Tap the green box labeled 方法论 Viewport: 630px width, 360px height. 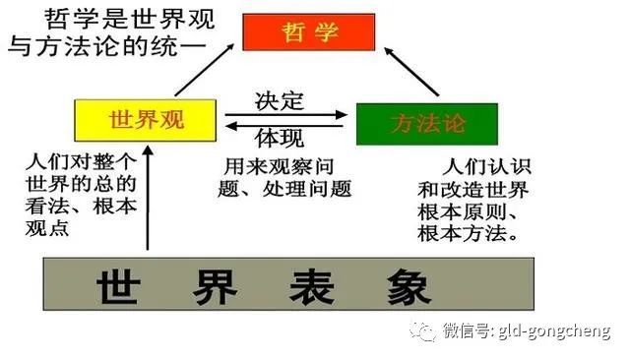click(x=426, y=124)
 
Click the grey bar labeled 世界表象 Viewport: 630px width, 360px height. click(x=288, y=285)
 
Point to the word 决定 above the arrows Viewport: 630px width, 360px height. click(x=280, y=99)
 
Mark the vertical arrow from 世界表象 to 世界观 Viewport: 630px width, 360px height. click(x=148, y=197)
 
